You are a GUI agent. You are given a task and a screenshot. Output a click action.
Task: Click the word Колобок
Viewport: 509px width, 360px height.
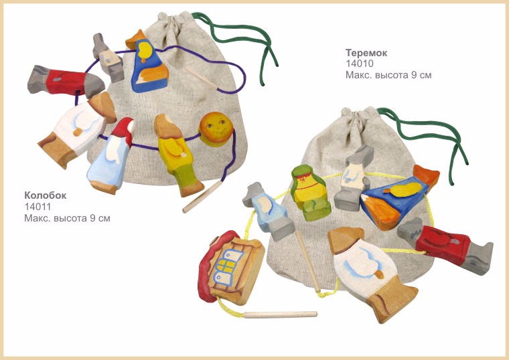point(45,195)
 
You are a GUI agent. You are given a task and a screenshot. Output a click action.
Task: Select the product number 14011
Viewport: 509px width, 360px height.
point(38,207)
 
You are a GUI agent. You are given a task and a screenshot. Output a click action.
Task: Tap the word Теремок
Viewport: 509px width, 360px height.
point(366,53)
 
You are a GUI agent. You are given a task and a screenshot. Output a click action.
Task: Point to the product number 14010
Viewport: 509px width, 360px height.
point(360,64)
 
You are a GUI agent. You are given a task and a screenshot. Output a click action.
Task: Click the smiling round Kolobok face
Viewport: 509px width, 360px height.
point(216,129)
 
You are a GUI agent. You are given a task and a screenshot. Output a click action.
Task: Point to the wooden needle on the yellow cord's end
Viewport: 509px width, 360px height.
point(280,314)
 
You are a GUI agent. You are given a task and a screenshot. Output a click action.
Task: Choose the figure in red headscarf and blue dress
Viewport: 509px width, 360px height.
point(111,157)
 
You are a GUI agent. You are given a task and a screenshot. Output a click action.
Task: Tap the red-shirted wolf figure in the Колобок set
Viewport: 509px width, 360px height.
point(65,82)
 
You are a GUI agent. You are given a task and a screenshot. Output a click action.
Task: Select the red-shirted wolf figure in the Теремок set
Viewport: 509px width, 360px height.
point(445,246)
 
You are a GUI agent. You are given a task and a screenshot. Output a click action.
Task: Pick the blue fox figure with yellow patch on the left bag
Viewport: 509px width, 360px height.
point(148,62)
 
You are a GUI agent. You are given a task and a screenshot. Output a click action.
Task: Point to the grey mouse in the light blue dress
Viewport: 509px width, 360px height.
point(268,211)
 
